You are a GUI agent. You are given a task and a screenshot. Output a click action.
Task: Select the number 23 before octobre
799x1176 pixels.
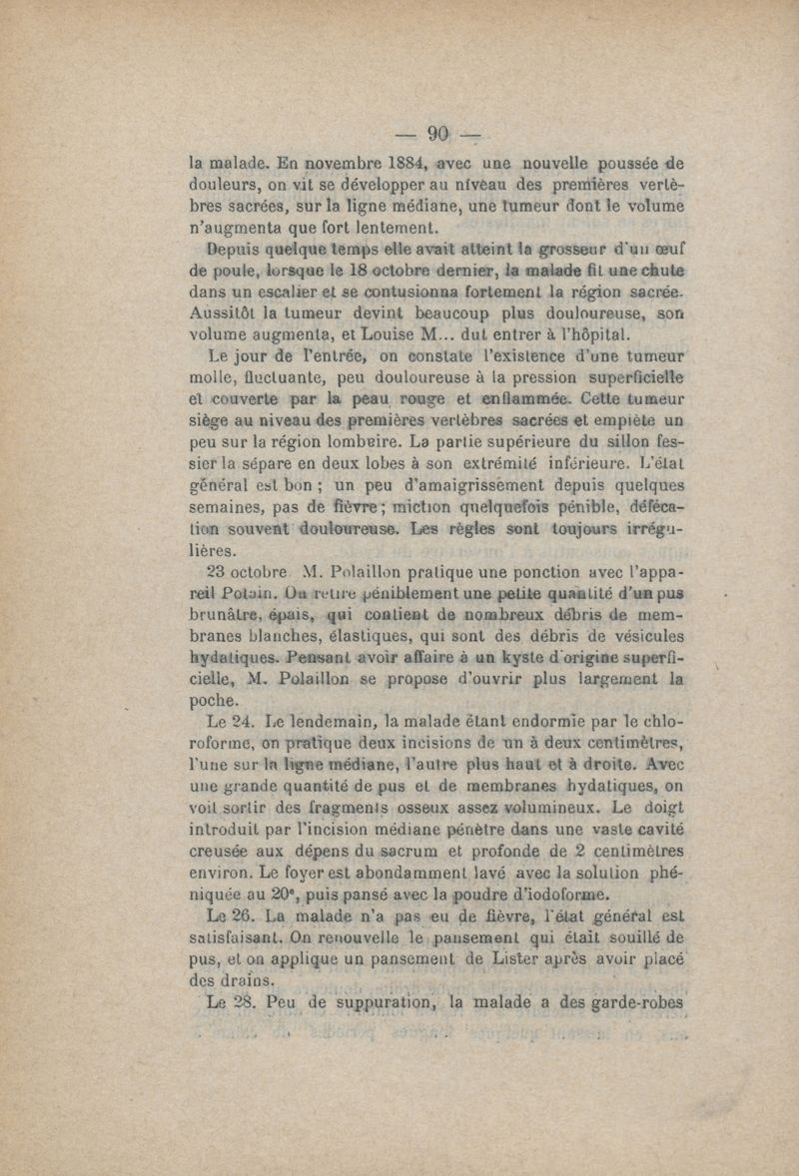221,572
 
